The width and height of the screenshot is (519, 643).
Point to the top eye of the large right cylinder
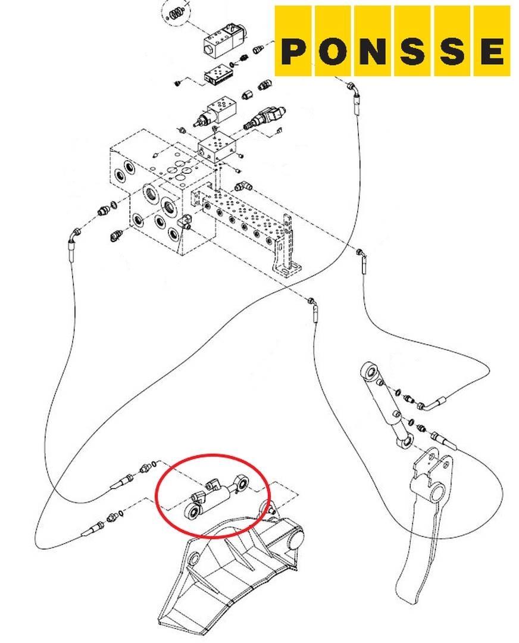coord(369,371)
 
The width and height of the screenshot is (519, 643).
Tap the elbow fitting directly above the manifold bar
coord(243,186)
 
